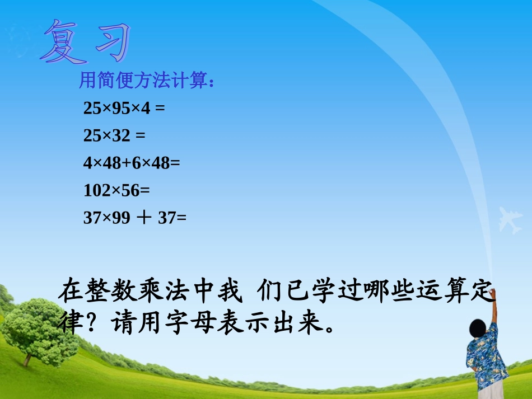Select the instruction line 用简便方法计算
(147, 82)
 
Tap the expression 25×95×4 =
(124, 108)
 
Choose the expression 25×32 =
(114, 135)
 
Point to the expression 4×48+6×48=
(132, 163)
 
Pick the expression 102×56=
(117, 190)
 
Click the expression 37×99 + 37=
(134, 218)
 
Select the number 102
(97, 190)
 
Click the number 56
(130, 190)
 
